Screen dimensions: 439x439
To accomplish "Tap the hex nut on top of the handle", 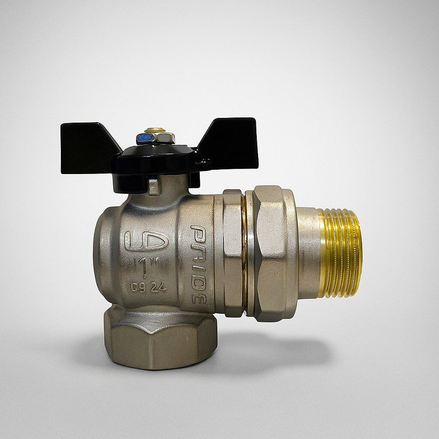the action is tap(156, 138).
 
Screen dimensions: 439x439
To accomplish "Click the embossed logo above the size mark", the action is tap(146, 241).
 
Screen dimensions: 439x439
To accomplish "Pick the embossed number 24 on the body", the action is tap(159, 288).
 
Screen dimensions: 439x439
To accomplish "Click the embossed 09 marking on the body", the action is tap(138, 288).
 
